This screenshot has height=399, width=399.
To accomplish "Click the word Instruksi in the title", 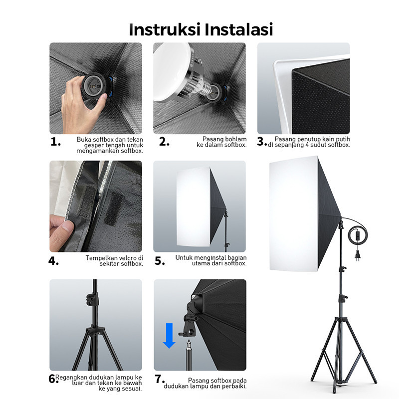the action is (x=165, y=29).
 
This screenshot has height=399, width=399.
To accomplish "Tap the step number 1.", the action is (x=55, y=142).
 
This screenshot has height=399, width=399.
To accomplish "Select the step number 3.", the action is (x=262, y=142).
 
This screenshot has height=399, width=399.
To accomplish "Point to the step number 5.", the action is (x=160, y=261).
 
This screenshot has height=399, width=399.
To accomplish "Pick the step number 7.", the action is (x=160, y=379).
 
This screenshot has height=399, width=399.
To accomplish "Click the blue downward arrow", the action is (x=169, y=336).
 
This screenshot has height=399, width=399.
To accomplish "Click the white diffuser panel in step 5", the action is (x=194, y=206).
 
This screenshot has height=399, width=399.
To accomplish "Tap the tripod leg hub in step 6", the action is (x=95, y=330).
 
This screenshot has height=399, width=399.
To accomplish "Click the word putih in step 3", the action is (x=343, y=139).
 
